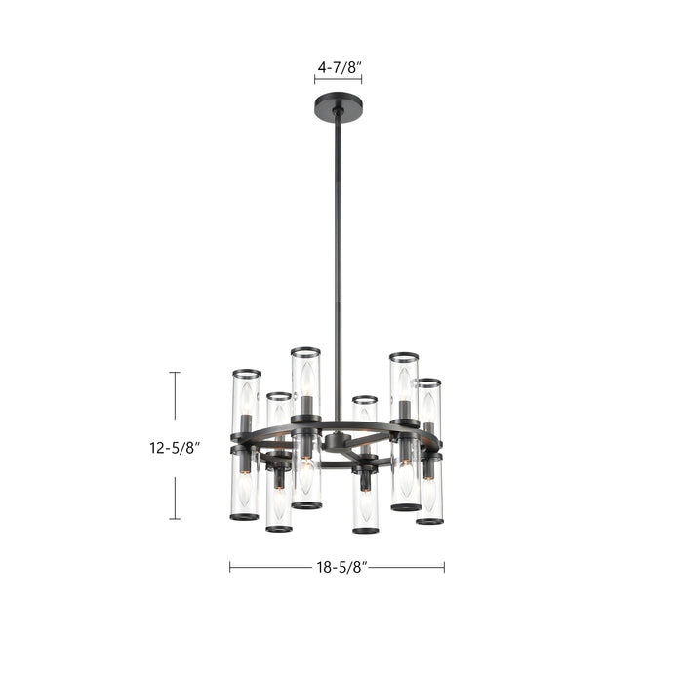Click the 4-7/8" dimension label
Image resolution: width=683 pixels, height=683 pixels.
pos(339,67)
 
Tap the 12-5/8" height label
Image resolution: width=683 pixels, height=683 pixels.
pos(175,448)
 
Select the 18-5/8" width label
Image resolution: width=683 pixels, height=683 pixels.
pos(338,566)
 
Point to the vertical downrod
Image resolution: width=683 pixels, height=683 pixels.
pos(339,263)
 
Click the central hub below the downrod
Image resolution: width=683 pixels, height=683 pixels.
pos(338,440)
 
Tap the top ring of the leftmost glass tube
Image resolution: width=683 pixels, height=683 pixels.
pos(246,373)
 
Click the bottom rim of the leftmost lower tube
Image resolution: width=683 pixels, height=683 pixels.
pos(244,517)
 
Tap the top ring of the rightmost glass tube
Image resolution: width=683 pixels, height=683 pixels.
pos(428,382)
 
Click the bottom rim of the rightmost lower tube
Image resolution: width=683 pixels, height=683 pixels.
pos(429,521)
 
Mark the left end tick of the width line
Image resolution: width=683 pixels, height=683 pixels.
pos(230,566)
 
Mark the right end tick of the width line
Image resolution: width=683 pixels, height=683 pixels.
pos(444,566)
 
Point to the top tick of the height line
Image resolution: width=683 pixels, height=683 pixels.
pos(175,373)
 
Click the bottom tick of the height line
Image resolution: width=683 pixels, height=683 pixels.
pos(175,519)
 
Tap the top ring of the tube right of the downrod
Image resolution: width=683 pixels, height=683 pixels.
pos(365,399)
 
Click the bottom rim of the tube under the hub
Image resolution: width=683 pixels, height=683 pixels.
pos(365,531)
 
